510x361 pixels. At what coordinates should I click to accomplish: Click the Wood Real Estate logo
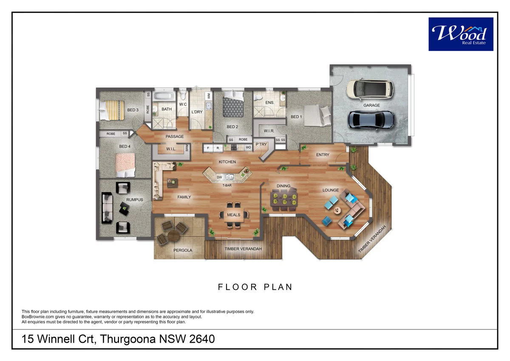pos(461,34)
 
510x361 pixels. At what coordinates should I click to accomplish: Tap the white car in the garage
pos(370,89)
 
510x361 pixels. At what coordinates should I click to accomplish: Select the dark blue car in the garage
pos(371,120)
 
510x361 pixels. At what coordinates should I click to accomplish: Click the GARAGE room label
pos(371,105)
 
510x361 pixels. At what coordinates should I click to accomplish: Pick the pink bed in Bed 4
pos(126,165)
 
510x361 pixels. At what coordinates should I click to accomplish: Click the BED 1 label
pos(296,117)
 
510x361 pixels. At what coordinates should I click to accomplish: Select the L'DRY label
pos(197,112)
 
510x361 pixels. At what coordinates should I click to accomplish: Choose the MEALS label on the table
pos(233,215)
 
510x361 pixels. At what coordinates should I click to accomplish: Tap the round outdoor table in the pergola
pos(173,235)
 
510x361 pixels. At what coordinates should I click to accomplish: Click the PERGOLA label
pos(183,250)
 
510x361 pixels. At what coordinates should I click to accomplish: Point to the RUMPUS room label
pos(134,199)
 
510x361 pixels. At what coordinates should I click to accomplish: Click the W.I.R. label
pos(269,131)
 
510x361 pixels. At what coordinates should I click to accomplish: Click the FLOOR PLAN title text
pos(255,287)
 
